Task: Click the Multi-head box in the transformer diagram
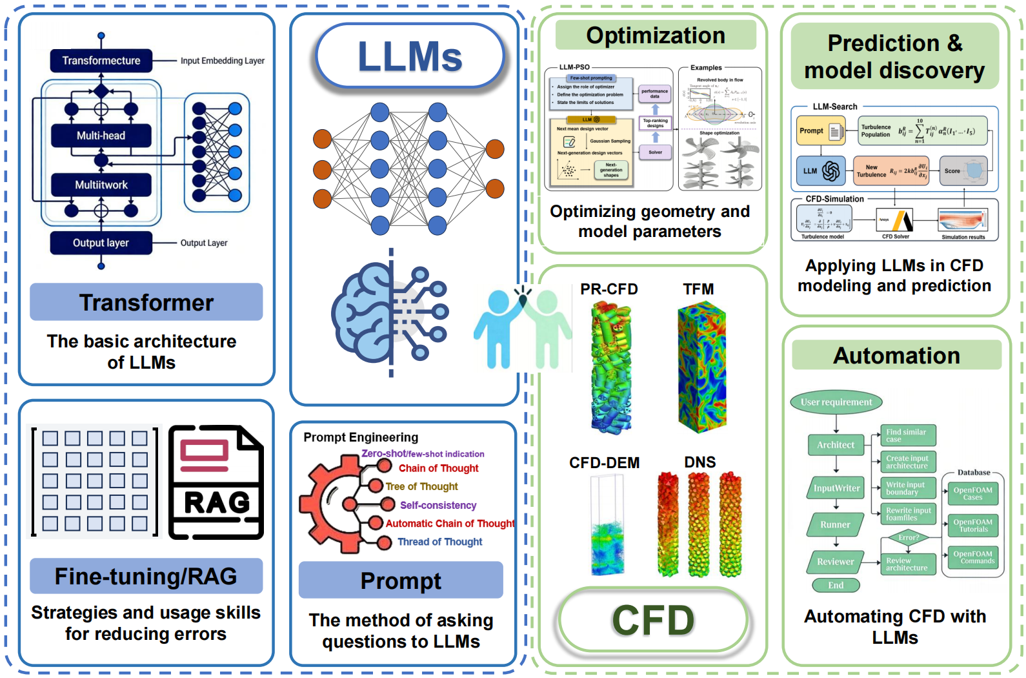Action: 101,136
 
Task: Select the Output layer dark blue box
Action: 101,243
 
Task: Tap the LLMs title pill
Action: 410,56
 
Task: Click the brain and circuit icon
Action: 390,313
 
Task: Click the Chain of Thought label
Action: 438,468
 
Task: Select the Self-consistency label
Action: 438,505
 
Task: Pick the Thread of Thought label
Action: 439,542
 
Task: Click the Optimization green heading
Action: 656,36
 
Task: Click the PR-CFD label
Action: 609,289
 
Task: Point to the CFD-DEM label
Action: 604,463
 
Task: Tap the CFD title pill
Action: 653,621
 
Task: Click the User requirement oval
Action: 836,402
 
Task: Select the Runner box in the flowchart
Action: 835,525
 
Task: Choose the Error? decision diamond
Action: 909,537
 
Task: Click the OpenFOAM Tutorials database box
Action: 973,526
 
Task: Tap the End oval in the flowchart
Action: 836,585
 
